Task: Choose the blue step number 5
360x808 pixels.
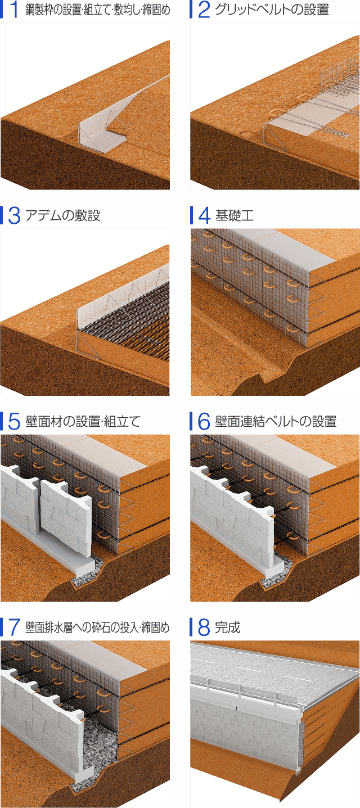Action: [x=14, y=421]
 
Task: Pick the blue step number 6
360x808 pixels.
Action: [x=204, y=421]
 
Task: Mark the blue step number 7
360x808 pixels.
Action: [x=14, y=627]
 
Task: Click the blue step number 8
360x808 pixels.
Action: [x=204, y=627]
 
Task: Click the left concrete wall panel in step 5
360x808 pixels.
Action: [x=20, y=500]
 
